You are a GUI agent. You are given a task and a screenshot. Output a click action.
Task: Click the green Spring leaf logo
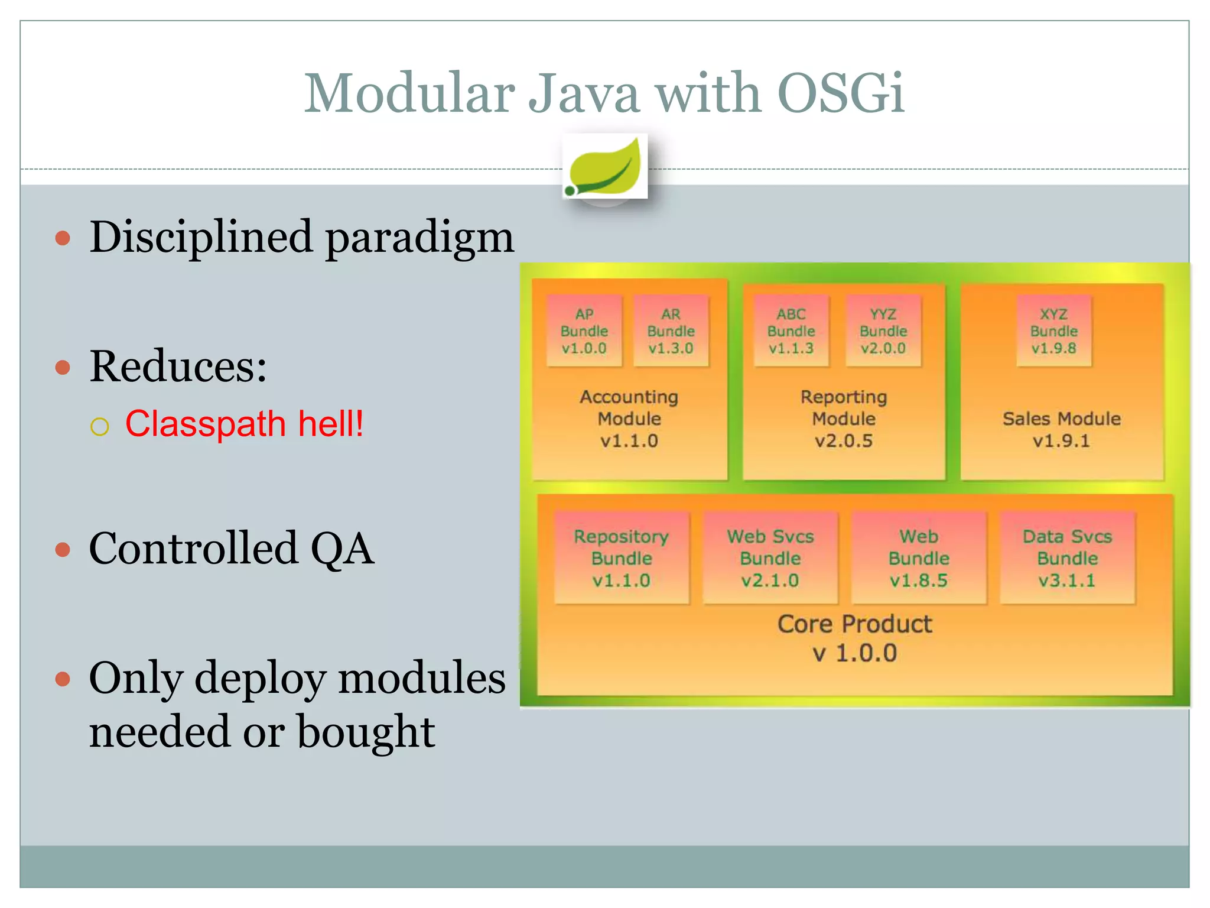[x=605, y=167]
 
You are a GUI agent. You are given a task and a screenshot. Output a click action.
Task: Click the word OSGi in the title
[x=840, y=93]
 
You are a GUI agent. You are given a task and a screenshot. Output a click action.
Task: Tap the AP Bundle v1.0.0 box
[x=584, y=331]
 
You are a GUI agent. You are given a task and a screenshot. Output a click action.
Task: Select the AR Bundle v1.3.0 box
[x=671, y=331]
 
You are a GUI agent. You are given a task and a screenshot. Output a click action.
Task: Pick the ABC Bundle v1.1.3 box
[x=791, y=331]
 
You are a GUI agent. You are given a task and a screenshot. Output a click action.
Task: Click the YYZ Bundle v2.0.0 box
[x=883, y=331]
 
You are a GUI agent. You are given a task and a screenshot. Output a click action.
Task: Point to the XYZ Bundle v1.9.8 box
[x=1054, y=331]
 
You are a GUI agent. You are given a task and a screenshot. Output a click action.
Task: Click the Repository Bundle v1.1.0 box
[x=622, y=558]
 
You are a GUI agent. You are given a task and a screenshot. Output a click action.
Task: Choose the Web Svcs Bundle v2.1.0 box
[x=770, y=558]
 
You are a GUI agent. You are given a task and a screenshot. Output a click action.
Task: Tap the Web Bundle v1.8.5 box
[x=919, y=558]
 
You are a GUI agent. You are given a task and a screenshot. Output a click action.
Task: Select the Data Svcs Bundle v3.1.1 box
[x=1068, y=558]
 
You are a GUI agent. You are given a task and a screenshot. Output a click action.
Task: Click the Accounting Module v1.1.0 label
[x=629, y=419]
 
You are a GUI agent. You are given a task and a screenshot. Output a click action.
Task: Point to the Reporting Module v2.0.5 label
[x=844, y=419]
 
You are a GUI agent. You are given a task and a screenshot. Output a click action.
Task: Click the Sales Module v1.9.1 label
[x=1061, y=429]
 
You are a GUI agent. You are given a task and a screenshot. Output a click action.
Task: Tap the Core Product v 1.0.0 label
[x=854, y=638]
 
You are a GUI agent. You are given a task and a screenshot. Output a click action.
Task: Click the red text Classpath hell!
[x=244, y=424]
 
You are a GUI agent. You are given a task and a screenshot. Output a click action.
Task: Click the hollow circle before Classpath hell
[x=100, y=426]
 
